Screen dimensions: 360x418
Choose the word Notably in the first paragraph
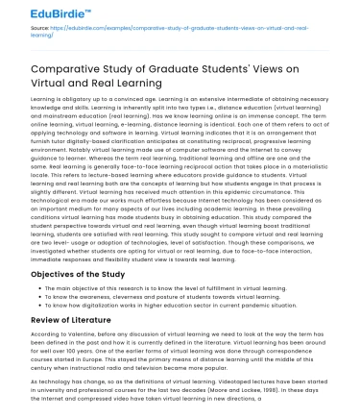click(60, 148)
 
